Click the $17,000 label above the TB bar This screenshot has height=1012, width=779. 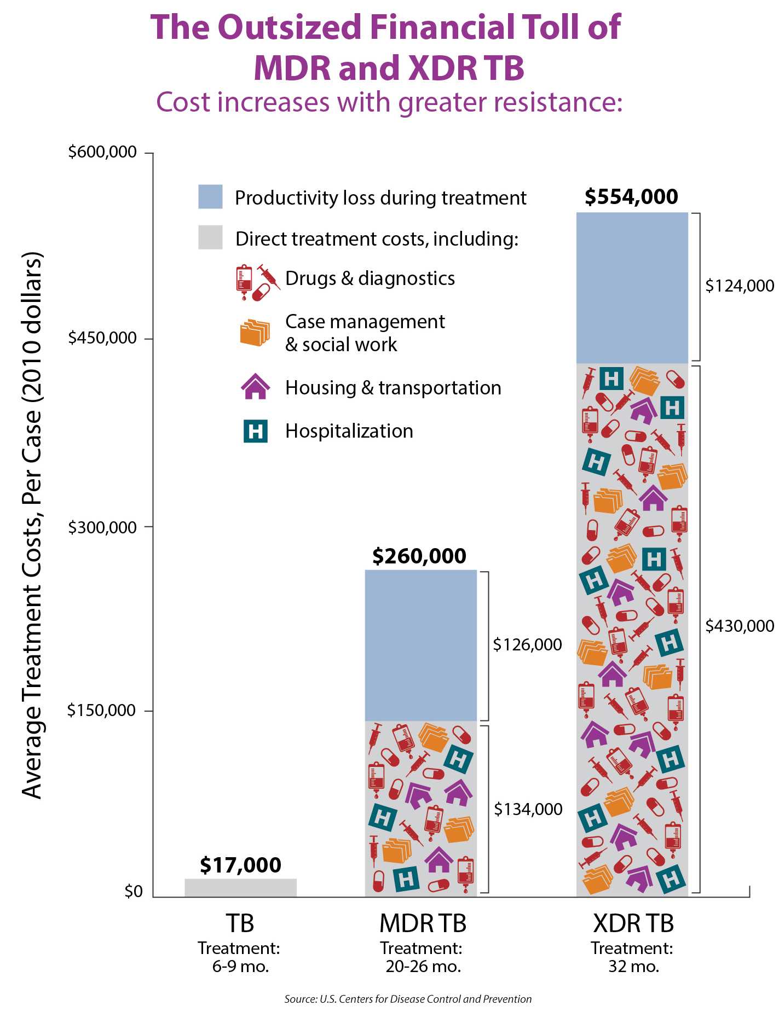tap(240, 865)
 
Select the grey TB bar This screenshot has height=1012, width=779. tap(240, 887)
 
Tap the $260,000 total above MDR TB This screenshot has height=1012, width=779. tap(419, 556)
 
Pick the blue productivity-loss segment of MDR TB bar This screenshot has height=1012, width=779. tap(420, 645)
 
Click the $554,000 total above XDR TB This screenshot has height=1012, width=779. tap(631, 196)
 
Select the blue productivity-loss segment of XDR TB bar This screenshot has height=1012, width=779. tap(632, 288)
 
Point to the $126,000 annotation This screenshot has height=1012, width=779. tap(527, 644)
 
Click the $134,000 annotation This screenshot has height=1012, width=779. tap(528, 809)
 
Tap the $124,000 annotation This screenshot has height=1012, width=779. tap(739, 286)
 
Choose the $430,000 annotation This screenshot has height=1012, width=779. tap(739, 626)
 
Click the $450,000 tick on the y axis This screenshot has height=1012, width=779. tap(102, 338)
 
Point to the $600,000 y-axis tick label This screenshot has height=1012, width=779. tap(102, 152)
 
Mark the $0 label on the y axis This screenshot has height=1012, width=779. tap(134, 891)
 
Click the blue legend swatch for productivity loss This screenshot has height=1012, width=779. tap(210, 197)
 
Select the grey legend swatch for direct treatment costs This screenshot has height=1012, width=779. tap(210, 237)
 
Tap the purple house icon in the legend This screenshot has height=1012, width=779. tap(256, 387)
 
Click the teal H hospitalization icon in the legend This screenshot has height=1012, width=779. tap(256, 431)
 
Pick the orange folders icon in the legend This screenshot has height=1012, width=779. tap(255, 333)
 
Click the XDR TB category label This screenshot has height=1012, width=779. tap(633, 923)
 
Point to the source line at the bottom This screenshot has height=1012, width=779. tap(408, 999)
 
